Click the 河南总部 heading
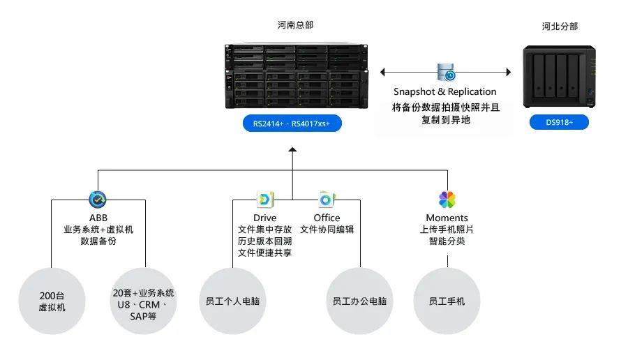pyautogui.click(x=295, y=25)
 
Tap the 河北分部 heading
pyautogui.click(x=560, y=27)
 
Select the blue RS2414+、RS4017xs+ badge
pyautogui.click(x=292, y=124)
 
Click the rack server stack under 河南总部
pyautogui.click(x=296, y=76)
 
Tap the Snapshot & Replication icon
pyautogui.click(x=446, y=72)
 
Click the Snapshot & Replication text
pyautogui.click(x=445, y=91)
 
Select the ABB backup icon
pyautogui.click(x=98, y=200)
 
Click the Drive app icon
pyautogui.click(x=265, y=200)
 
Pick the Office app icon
pyautogui.click(x=326, y=200)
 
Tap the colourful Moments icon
pyautogui.click(x=447, y=200)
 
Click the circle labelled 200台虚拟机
pyautogui.click(x=52, y=301)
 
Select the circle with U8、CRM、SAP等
pyautogui.click(x=143, y=301)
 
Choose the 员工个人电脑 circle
pyautogui.click(x=233, y=301)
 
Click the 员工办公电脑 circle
pyautogui.click(x=360, y=301)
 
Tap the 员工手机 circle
pyautogui.click(x=447, y=301)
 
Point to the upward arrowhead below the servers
pyautogui.click(x=292, y=149)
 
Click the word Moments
pyautogui.click(x=447, y=218)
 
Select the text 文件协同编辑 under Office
pyautogui.click(x=327, y=230)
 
